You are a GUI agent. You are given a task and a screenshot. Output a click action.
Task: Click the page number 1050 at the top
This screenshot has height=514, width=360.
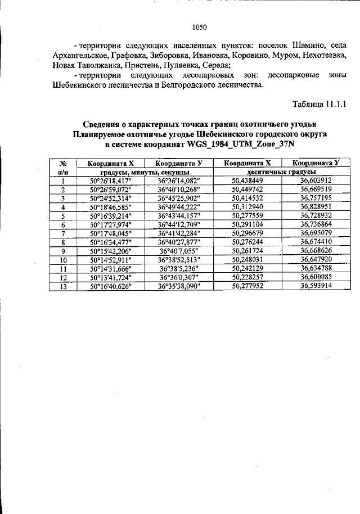200,26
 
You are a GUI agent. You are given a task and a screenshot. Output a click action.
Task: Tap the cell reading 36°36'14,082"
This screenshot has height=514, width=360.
179,181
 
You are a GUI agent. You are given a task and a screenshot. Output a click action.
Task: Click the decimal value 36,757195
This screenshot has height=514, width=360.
316,198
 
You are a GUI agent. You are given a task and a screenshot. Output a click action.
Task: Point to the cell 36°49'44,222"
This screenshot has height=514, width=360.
179,207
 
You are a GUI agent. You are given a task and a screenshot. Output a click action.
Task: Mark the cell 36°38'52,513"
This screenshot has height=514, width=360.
179,259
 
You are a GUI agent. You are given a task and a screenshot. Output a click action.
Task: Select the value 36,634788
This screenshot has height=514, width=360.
316,268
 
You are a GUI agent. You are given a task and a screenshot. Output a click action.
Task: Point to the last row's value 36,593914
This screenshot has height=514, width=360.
316,286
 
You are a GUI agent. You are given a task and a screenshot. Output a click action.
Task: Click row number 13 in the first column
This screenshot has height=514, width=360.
64,286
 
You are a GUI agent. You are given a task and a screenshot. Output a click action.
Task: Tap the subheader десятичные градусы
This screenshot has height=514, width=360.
281,172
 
